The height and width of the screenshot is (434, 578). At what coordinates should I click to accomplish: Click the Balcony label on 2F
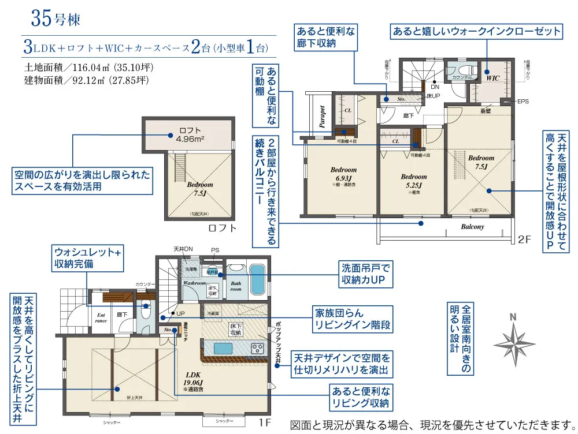472,227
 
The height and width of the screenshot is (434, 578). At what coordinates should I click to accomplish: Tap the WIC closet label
492,77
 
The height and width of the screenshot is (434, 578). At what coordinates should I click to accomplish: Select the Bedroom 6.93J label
343,173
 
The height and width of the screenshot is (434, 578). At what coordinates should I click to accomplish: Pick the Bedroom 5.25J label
413,180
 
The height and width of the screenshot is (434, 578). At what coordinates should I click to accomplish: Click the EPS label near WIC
523,102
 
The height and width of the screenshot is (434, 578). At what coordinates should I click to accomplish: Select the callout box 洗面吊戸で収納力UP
366,275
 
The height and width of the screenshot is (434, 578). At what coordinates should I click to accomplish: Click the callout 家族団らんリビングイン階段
351,318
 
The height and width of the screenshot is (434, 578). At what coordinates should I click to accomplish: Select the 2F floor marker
524,239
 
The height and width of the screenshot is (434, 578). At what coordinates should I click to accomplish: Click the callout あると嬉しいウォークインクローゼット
476,31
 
